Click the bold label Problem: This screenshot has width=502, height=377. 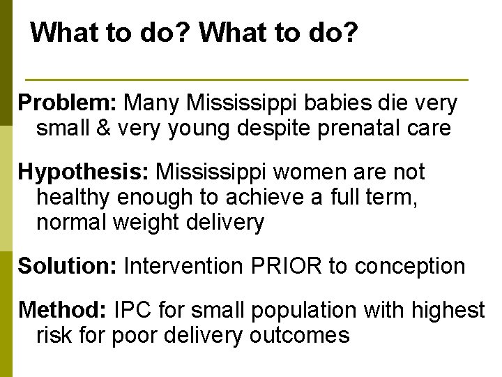pos(67,103)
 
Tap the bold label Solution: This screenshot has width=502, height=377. pos(68,265)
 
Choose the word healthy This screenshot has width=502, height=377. pos(74,198)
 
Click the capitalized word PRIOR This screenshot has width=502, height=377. pos(273,265)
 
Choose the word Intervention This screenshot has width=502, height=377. pos(181,265)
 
